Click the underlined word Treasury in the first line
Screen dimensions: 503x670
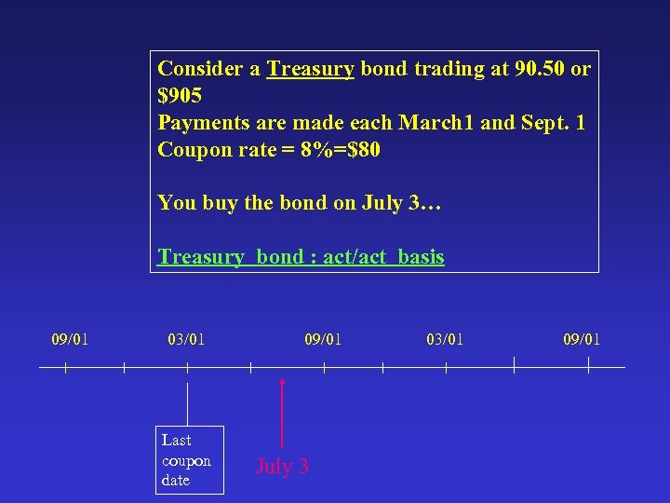click(310, 69)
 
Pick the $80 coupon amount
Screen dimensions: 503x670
click(360, 149)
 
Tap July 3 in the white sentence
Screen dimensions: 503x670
click(410, 203)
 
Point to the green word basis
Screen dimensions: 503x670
click(421, 257)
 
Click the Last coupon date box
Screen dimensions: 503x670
click(189, 460)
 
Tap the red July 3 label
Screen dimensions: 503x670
click(282, 467)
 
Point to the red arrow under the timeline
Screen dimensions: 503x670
click(282, 410)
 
